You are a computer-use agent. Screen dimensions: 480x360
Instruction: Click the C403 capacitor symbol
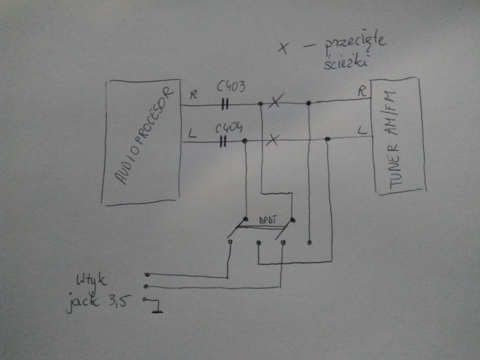225,105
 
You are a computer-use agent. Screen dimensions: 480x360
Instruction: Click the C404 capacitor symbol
223,142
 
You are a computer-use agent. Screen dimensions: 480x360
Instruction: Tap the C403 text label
231,87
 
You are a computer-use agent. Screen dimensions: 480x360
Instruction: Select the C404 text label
229,128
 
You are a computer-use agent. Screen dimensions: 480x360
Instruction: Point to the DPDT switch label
268,220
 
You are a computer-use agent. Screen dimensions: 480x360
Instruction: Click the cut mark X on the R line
276,100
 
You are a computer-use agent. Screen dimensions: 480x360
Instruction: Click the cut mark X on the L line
272,140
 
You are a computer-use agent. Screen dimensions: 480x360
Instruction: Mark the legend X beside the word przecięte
283,48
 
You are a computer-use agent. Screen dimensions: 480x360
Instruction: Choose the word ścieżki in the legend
346,62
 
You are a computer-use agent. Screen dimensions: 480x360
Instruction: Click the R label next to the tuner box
362,91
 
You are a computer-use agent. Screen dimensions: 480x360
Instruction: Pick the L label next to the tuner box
362,131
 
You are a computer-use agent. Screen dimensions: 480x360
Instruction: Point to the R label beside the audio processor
194,95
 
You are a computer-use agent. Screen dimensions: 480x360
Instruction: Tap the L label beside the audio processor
192,134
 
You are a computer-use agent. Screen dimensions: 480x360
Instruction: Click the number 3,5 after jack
120,301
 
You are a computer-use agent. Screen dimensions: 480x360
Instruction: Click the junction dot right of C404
245,141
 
